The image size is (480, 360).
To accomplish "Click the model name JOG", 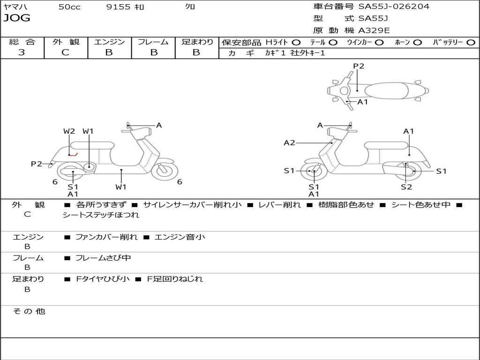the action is [16, 18].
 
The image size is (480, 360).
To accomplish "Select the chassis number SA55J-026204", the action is [394, 7].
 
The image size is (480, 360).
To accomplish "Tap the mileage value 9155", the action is [118, 7].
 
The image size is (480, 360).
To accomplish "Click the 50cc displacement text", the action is [69, 7].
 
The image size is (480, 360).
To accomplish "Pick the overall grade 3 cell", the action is [22, 52].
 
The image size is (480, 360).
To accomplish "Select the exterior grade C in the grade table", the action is [65, 52].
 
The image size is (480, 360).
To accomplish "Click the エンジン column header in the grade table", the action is [109, 42].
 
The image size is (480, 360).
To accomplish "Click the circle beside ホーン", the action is [418, 42].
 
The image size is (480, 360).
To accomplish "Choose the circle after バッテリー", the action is [471, 42].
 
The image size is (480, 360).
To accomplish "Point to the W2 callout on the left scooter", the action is [69, 131].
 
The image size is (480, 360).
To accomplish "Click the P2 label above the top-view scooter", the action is [359, 66].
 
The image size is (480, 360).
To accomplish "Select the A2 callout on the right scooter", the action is [289, 142].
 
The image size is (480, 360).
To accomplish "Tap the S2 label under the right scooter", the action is [406, 187].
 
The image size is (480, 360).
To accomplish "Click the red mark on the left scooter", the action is [73, 154].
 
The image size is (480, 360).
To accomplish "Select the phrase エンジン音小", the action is [180, 237].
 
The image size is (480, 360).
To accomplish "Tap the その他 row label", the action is [29, 311].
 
